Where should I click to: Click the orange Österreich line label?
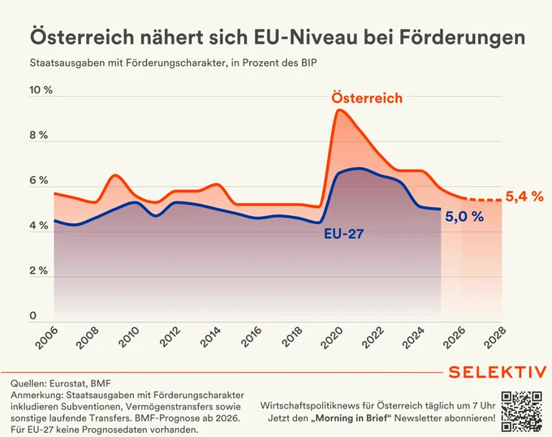(x=367, y=98)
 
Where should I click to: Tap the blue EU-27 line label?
(x=343, y=233)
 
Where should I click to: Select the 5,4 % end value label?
(x=524, y=197)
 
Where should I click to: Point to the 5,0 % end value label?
(x=464, y=217)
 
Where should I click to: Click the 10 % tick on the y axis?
(x=41, y=90)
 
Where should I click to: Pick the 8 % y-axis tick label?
(x=39, y=135)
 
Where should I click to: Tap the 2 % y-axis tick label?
(x=39, y=270)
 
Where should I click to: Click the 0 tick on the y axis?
(x=33, y=315)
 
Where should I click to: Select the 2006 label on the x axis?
(x=47, y=338)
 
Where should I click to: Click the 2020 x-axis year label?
(x=332, y=338)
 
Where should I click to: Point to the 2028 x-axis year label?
(x=495, y=338)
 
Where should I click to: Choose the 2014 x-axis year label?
(x=209, y=338)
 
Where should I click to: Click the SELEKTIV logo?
(x=498, y=372)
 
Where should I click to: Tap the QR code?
(x=522, y=411)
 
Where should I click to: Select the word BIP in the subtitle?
(x=308, y=63)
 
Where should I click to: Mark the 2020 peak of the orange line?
(x=339, y=110)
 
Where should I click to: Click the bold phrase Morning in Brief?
(x=353, y=418)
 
